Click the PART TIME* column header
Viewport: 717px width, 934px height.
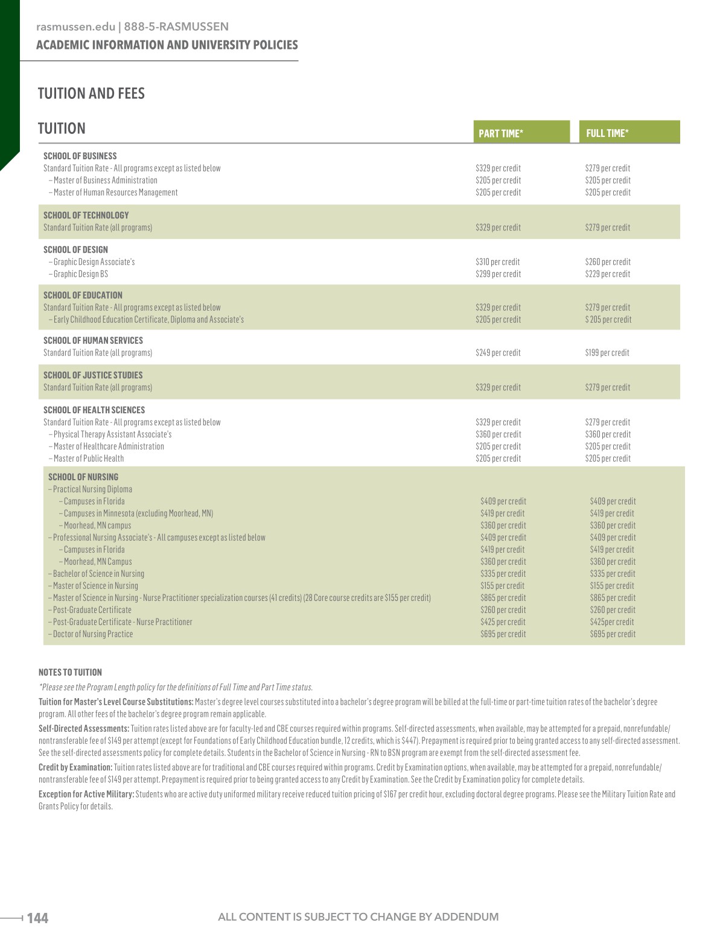point(500,133)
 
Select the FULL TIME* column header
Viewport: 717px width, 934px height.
point(607,133)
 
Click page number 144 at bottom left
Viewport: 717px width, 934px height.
point(37,918)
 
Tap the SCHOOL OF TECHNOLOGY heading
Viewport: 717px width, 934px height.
point(86,215)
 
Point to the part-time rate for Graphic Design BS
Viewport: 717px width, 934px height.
point(498,274)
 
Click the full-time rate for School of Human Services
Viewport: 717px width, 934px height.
point(607,353)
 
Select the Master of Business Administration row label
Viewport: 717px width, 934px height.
point(105,180)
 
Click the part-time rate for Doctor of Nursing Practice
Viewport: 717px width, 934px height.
point(503,634)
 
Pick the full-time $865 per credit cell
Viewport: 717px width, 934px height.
point(613,598)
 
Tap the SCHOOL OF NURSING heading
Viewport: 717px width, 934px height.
point(83,477)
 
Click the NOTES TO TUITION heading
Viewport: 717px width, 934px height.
point(70,672)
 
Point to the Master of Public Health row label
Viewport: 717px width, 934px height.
point(88,459)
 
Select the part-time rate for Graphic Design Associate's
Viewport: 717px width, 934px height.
point(497,262)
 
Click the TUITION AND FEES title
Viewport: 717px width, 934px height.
point(91,94)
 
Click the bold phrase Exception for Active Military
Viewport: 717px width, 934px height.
point(86,794)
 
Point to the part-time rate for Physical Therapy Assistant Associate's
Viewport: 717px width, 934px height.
point(498,434)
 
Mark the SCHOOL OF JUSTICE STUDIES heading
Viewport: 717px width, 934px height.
point(93,375)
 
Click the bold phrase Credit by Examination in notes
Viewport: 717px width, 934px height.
point(75,767)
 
